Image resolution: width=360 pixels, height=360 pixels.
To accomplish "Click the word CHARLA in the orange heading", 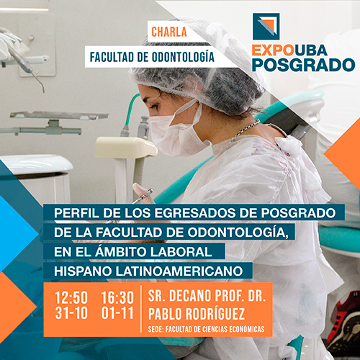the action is [x=169, y=32].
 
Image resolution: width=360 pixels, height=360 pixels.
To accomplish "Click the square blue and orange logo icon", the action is [x=266, y=27].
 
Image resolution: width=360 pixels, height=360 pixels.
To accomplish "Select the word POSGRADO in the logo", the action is [x=304, y=65].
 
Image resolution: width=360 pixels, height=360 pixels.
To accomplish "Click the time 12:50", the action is [x=71, y=297].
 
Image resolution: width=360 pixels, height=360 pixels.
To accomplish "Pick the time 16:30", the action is [x=117, y=297].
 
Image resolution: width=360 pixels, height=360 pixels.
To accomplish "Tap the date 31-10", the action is [x=71, y=313].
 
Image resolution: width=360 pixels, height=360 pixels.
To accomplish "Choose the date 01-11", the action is [x=117, y=313].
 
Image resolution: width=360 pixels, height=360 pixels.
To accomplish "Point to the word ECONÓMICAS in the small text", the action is [x=247, y=329].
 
